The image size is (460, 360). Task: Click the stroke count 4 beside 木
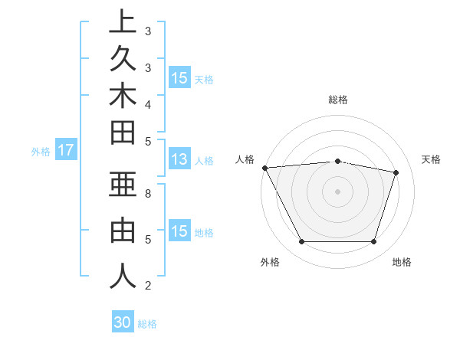[148, 103]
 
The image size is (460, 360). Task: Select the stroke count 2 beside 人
[148, 286]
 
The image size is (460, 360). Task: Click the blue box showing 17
[66, 151]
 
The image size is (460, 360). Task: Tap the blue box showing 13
[179, 160]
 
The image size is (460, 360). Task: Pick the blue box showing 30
[123, 322]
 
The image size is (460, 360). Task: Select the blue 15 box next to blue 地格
[179, 232]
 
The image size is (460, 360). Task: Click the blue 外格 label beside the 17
[41, 152]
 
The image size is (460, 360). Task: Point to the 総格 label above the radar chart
[338, 100]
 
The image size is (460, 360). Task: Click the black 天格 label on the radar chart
[431, 159]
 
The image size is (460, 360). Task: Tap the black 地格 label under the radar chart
[402, 262]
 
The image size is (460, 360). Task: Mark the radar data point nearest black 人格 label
[264, 168]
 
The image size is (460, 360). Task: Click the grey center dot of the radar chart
[337, 191]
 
